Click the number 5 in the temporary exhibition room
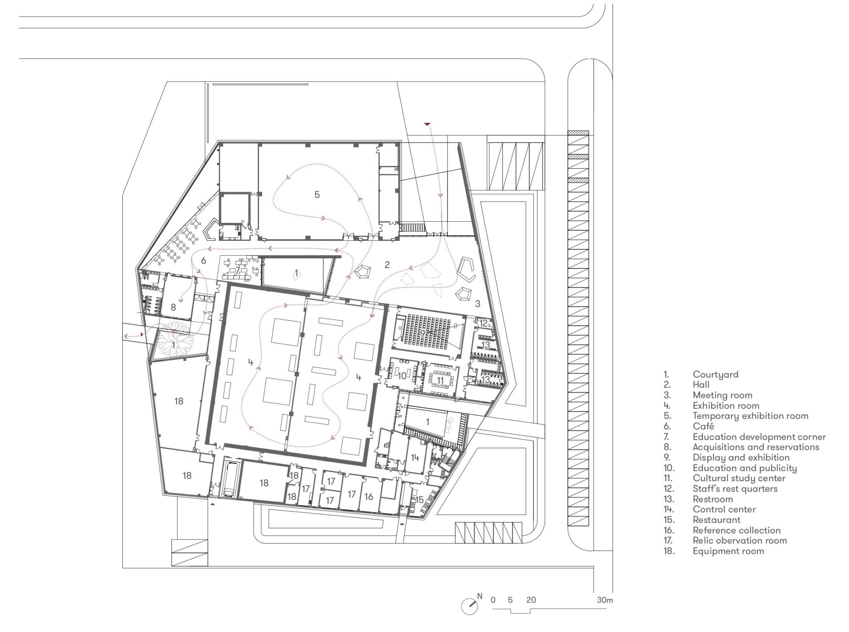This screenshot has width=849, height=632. [317, 195]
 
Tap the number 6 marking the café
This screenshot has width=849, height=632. [203, 260]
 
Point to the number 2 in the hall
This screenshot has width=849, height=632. [387, 265]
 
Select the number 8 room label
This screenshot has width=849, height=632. [173, 307]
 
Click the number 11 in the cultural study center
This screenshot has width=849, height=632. [440, 380]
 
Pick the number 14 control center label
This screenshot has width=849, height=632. [415, 457]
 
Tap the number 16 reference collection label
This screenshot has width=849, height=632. [369, 497]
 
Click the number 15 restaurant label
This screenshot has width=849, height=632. [419, 499]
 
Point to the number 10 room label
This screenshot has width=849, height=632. [402, 376]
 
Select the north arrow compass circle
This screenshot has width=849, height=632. [469, 606]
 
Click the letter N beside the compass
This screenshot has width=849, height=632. [480, 596]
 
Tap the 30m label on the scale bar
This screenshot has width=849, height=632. [605, 600]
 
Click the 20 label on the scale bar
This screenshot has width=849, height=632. [531, 600]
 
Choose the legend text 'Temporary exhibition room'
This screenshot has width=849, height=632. [751, 416]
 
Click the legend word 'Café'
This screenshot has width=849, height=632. [703, 426]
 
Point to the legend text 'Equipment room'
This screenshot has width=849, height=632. [728, 551]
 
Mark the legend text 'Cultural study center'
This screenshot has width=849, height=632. [739, 478]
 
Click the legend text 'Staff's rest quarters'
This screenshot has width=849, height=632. [735, 489]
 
